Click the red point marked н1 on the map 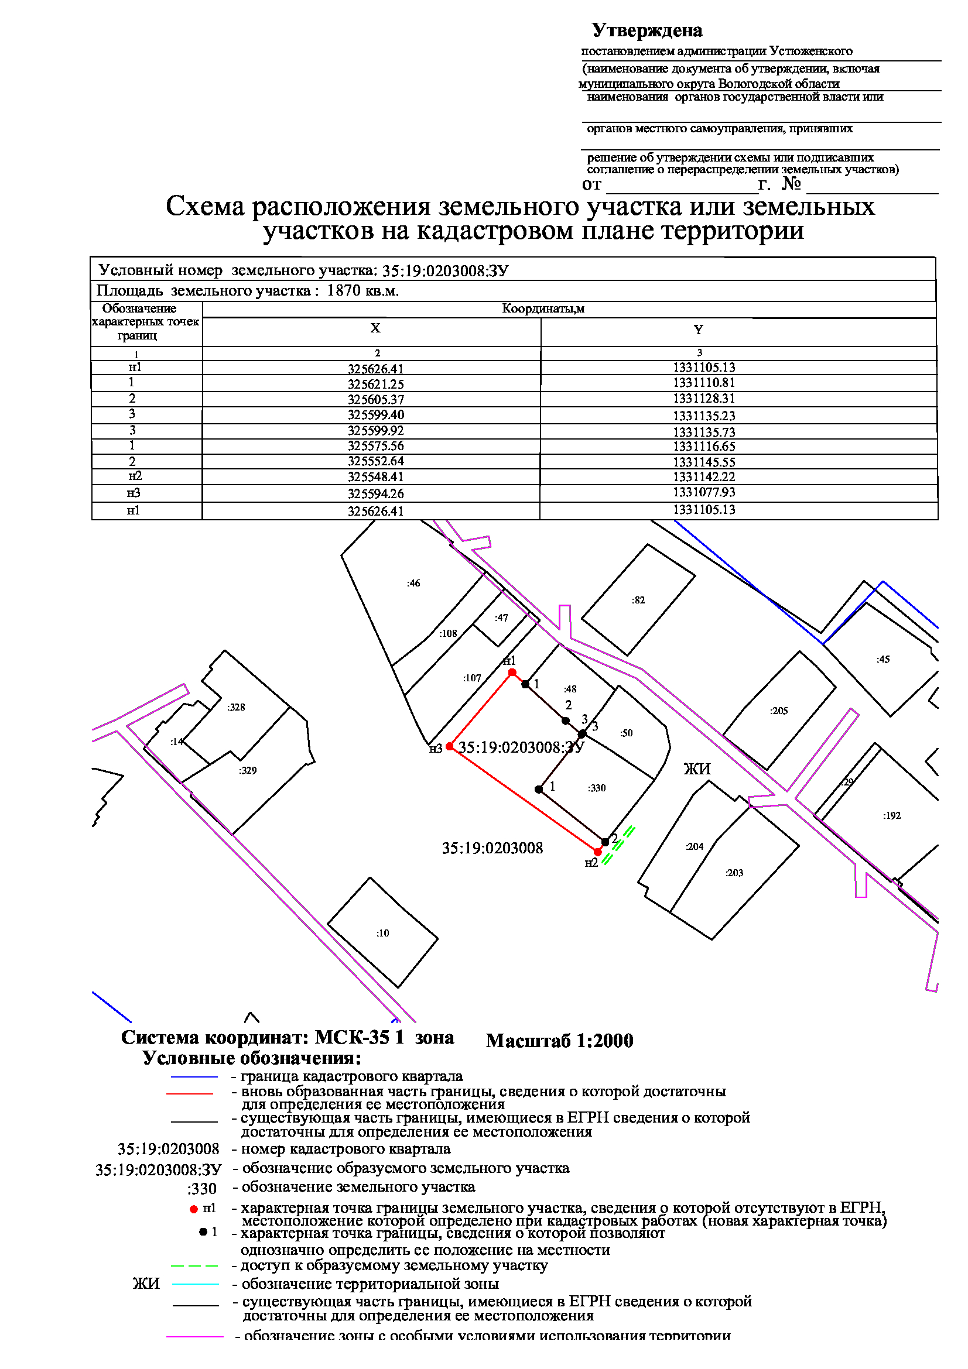pyautogui.click(x=512, y=672)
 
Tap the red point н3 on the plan pyautogui.click(x=450, y=746)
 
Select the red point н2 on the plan pyautogui.click(x=598, y=852)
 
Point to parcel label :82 pyautogui.click(x=638, y=600)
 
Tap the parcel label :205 pyautogui.click(x=779, y=710)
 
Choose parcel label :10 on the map pyautogui.click(x=382, y=932)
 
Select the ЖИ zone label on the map pyautogui.click(x=697, y=768)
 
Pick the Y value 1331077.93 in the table pyautogui.click(x=704, y=492)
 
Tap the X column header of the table pyautogui.click(x=375, y=327)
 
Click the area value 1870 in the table pyautogui.click(x=344, y=290)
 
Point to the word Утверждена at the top pyautogui.click(x=647, y=30)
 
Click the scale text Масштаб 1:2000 pyautogui.click(x=559, y=1041)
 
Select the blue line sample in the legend pyautogui.click(x=194, y=1076)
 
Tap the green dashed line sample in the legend pyautogui.click(x=194, y=1266)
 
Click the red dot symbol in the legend pyautogui.click(x=193, y=1209)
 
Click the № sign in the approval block pyautogui.click(x=791, y=183)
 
